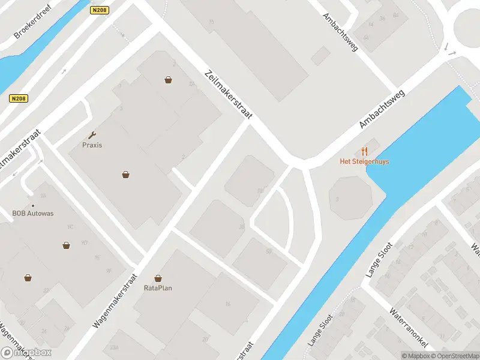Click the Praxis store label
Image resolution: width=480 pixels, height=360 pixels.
tap(92, 145)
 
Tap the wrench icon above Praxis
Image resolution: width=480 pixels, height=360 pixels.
tap(92, 136)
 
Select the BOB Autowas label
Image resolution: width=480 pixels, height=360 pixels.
tap(33, 213)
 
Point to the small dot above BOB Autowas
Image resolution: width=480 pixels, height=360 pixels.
tap(33, 205)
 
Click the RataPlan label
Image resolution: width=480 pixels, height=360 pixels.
tap(158, 287)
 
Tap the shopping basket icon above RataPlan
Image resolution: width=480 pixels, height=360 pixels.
tap(158, 278)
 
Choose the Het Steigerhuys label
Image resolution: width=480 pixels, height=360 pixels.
tap(364, 161)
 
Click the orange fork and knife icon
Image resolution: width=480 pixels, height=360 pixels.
tap(364, 151)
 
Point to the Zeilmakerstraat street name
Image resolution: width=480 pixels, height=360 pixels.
tap(229, 94)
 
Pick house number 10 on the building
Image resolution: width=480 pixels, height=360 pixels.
tap(260, 191)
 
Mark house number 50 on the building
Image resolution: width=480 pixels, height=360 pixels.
tap(268, 251)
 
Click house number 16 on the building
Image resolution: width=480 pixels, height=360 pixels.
tap(227, 304)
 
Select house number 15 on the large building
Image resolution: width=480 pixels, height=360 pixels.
tap(211, 22)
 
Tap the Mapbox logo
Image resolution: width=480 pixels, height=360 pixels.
tap(26, 353)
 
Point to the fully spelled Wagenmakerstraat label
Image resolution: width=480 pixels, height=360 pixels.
tap(115, 301)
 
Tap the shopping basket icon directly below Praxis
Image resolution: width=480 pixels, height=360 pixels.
tap(126, 175)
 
